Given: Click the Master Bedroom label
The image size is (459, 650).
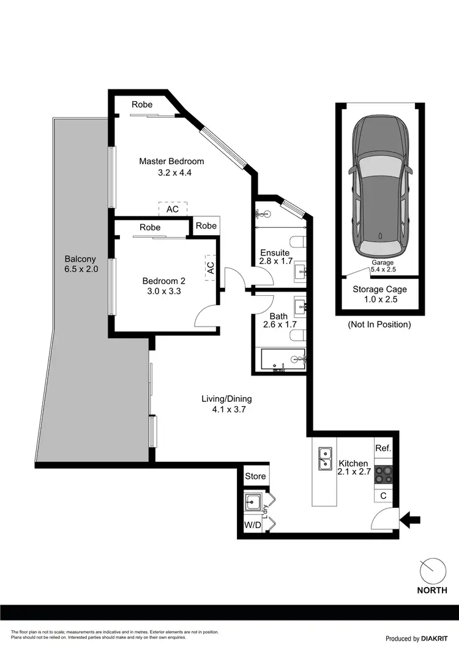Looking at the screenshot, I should coord(171,161).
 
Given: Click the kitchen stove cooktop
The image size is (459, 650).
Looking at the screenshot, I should coord(383,475).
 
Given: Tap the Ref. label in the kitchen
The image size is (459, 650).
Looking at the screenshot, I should coord(383,448).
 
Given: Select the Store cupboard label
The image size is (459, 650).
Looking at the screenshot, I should coord(255,476).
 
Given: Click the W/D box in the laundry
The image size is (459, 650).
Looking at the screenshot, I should coord(252,525).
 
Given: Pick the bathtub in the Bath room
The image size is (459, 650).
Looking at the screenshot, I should coord(283,361).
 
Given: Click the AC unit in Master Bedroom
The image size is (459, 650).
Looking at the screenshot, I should coord(173,209).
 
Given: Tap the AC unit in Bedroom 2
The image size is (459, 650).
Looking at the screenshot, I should coord(210,268).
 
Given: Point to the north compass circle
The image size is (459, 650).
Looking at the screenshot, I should coord(433,572).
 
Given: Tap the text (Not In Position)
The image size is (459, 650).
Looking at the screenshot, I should coord(379,324).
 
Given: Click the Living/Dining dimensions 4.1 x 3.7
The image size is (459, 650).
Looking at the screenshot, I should coord(226,410).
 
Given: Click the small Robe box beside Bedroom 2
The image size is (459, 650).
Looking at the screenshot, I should coord(206,225).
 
